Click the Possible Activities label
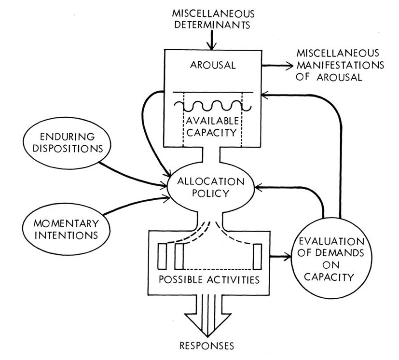click(x=206, y=280)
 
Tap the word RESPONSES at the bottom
click(x=206, y=346)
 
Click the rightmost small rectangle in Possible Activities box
click(x=257, y=256)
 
